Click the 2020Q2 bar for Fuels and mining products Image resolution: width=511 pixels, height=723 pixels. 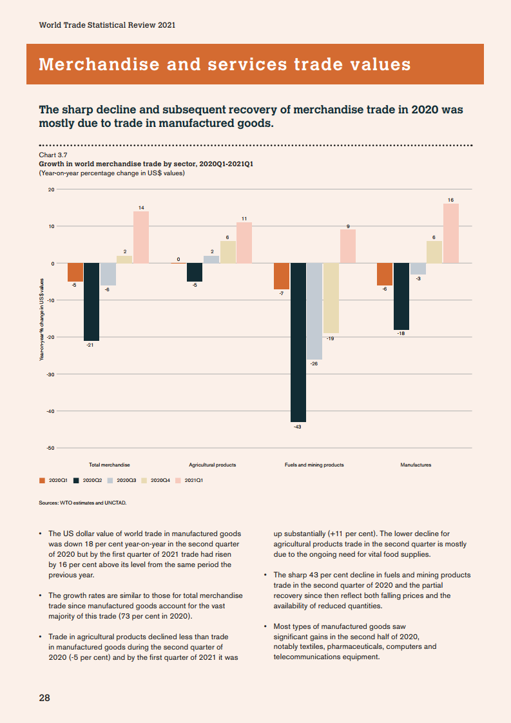298,342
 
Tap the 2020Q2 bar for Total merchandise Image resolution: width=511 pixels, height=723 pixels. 92,302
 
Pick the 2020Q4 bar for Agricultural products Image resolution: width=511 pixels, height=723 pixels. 228,252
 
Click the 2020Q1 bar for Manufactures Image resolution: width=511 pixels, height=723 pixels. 385,275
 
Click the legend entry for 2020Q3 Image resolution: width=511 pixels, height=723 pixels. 122,480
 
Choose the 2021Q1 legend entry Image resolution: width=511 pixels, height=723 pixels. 190,480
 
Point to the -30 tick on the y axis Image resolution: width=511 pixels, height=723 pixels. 50,374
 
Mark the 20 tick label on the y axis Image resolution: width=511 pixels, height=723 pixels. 50,189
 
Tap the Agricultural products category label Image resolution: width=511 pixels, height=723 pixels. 212,465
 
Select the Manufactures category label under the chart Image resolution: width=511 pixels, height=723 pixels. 416,465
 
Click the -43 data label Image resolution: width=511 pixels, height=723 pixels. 298,427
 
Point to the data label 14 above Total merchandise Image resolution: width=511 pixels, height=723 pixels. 141,207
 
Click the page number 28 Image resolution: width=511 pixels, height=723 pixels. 44,697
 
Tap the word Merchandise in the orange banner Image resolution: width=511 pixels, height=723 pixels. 99,64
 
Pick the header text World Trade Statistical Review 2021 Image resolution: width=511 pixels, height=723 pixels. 107,25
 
